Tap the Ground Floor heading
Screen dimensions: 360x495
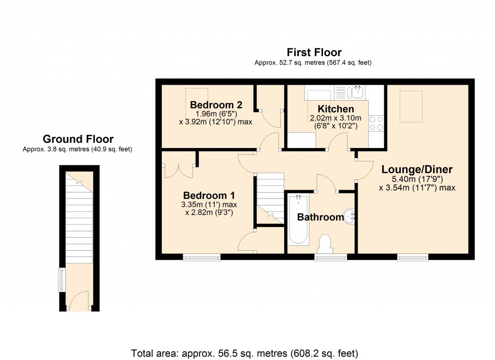(78, 139)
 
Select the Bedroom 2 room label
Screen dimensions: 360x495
(216, 105)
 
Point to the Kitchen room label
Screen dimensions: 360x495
(335, 109)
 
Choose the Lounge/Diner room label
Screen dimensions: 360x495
(417, 170)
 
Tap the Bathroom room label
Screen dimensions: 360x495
(320, 217)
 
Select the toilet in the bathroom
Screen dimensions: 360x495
(324, 245)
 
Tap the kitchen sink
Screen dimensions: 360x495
(357, 92)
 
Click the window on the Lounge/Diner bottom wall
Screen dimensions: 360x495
(412, 257)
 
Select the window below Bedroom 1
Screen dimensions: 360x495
(201, 257)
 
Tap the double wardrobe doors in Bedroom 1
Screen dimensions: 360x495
(179, 171)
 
